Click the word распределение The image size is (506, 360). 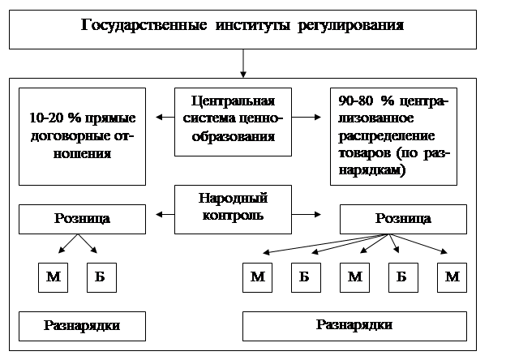[383, 135]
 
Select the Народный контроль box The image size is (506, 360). [233, 208]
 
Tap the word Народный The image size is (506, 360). [233, 199]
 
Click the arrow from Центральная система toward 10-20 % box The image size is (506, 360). [163, 119]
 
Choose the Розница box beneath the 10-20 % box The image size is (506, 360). [82, 218]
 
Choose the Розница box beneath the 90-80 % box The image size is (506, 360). [403, 219]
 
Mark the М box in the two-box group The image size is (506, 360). [54, 277]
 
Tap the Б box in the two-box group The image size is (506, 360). [100, 277]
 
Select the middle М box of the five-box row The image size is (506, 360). [354, 277]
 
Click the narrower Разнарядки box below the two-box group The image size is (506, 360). [82, 325]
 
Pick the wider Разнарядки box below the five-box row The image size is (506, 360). [354, 325]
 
